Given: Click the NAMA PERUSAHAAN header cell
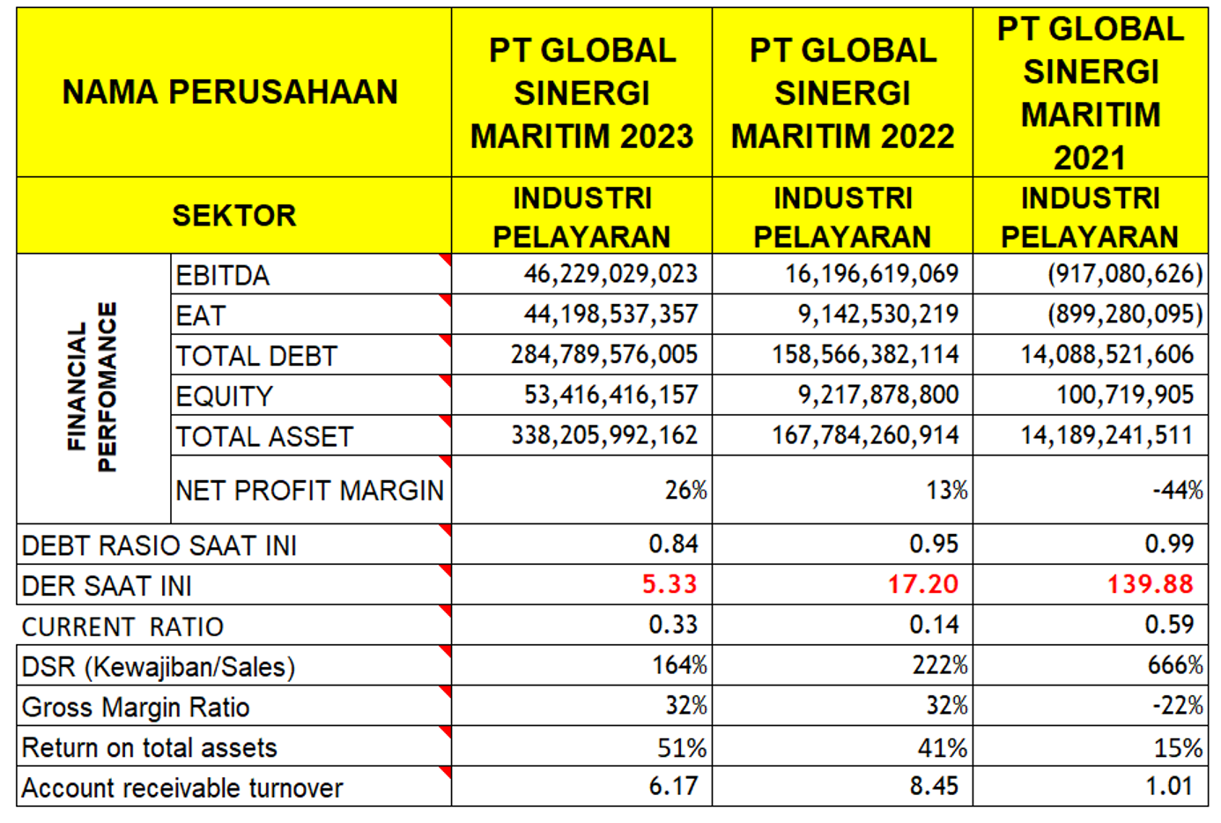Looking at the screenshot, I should point(230,93).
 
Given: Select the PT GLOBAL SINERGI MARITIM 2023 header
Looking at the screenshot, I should point(581,93).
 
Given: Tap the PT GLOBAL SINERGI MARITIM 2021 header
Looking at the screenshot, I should point(1090,93).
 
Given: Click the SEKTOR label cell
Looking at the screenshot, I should point(233,216).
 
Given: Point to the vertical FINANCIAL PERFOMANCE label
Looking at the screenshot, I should point(92,388).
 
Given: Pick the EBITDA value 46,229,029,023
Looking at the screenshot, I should point(610,274).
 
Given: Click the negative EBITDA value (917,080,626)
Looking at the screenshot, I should point(1124,274).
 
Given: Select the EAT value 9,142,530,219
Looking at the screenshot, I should point(877,315).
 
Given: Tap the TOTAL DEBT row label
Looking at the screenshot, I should point(256,356).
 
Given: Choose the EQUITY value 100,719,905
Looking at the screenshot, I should point(1125,396).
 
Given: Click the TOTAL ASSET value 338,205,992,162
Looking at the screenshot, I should point(604,435).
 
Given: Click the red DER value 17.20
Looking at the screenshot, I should point(922,584).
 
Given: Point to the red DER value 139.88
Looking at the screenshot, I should point(1150,584).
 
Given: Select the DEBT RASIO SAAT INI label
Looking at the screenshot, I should point(159,546).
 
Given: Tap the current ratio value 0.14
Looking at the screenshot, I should point(934,625).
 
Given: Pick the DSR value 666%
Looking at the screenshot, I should point(1174,665).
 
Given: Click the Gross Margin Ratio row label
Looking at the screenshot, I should point(136,708).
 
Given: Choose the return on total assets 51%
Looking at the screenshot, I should point(682,748).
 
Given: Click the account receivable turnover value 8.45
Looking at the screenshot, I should point(934,786).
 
